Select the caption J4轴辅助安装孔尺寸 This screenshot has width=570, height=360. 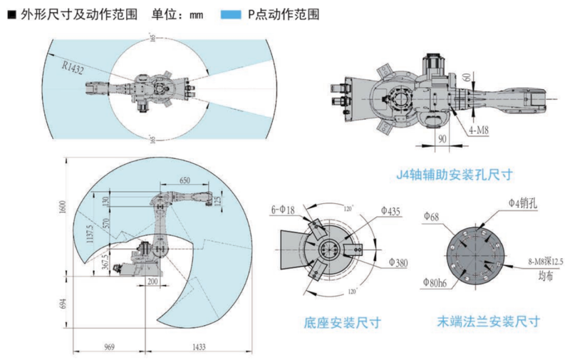click(x=455, y=173)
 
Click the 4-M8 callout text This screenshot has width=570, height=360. click(x=479, y=131)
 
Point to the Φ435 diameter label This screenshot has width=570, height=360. click(x=390, y=211)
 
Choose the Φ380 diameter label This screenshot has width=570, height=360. click(x=398, y=264)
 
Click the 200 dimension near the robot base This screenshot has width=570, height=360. click(x=151, y=282)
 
